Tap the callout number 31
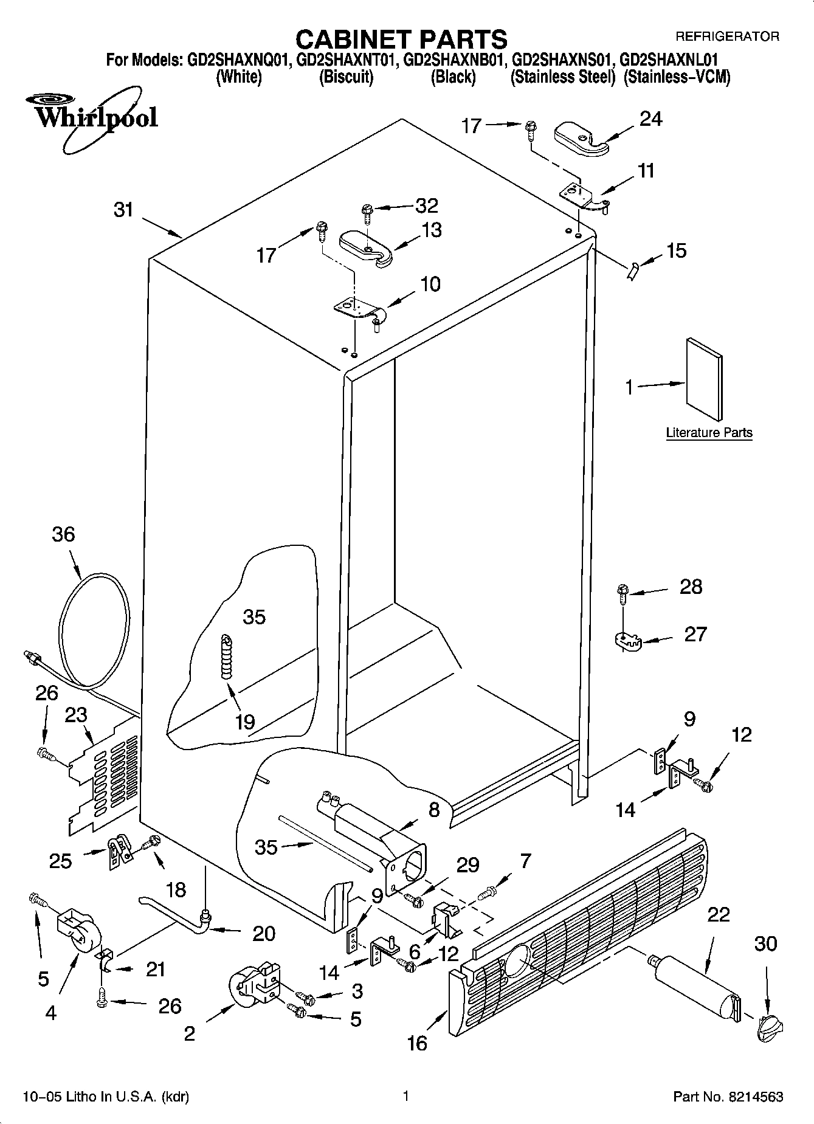coord(123,210)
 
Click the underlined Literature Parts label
coord(709,433)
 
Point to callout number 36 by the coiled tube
coord(63,534)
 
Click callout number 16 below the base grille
coord(417,1043)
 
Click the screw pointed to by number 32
coord(367,211)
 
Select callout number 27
coord(695,634)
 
